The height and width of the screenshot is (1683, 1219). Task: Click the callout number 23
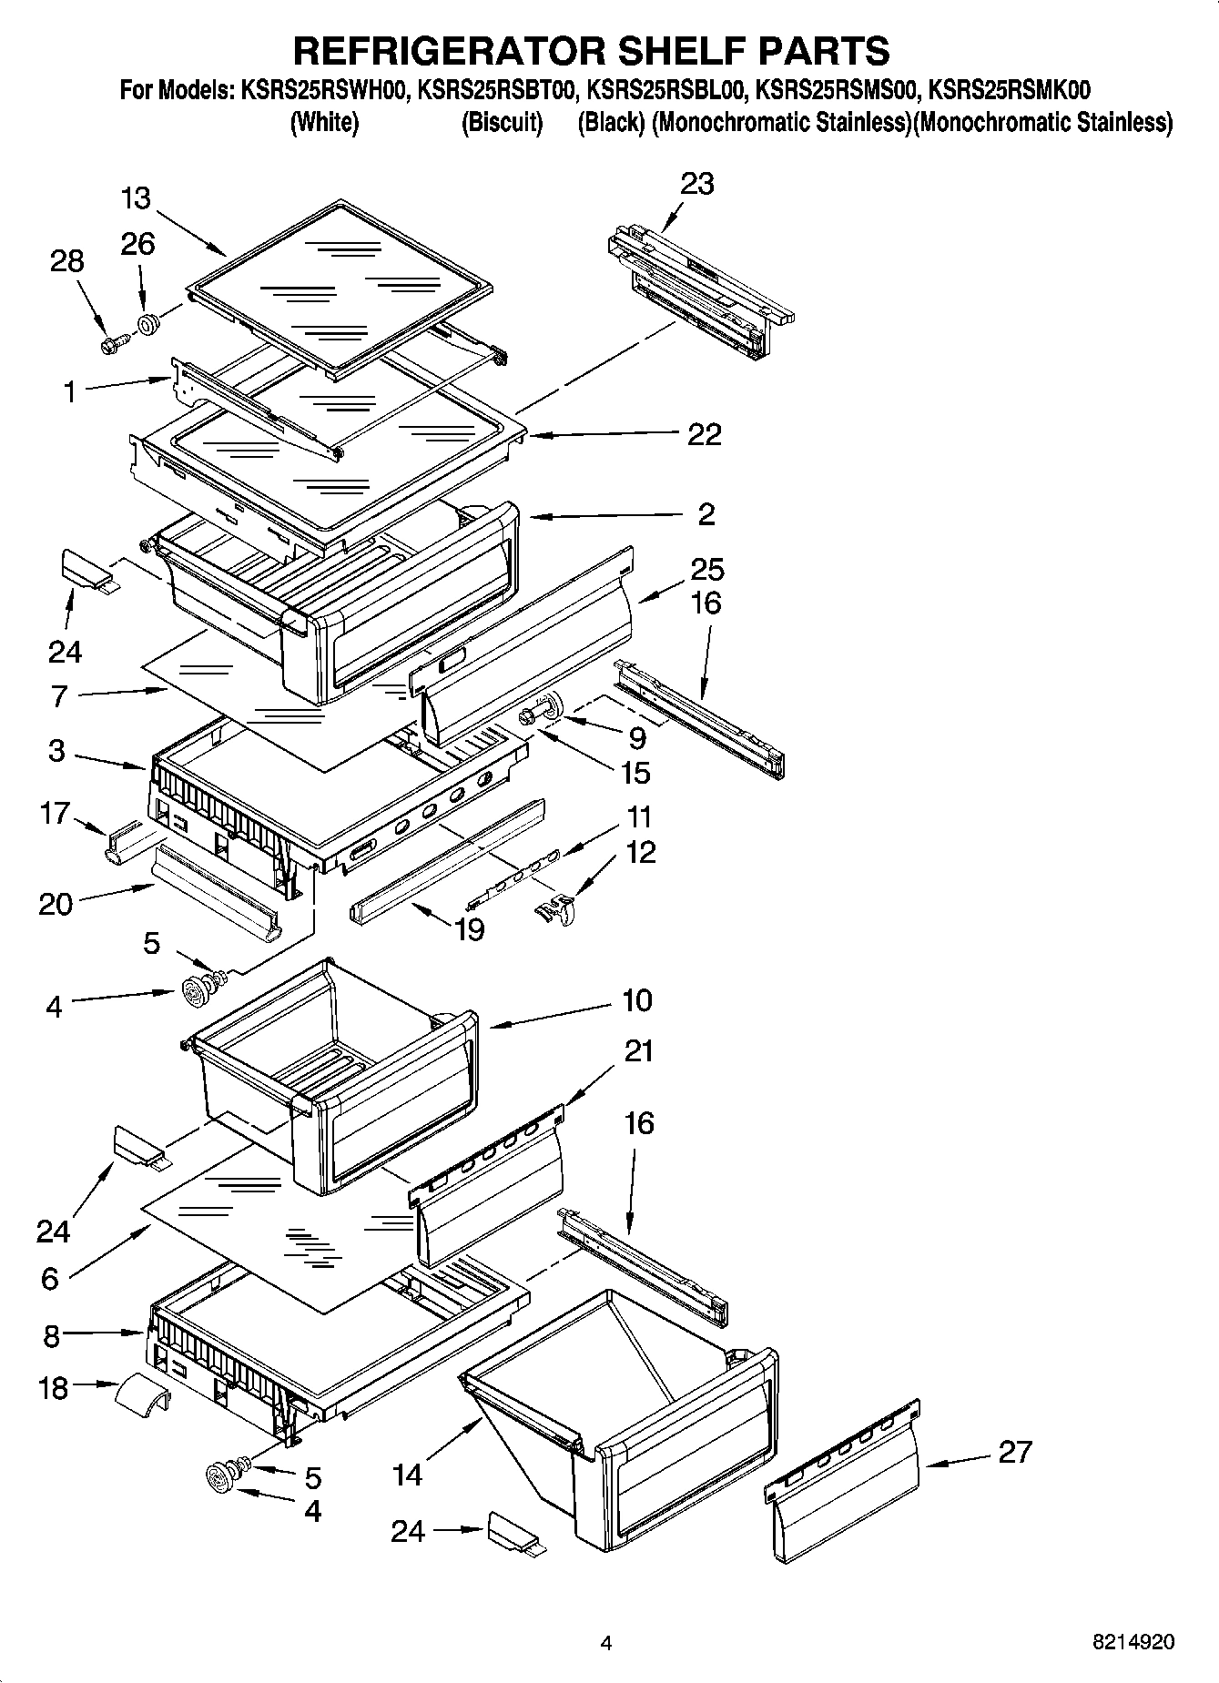[x=697, y=184]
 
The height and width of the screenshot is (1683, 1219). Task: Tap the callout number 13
[x=135, y=198]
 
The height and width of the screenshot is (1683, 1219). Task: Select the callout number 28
[x=67, y=261]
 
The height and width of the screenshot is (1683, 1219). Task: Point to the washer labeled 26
[x=147, y=322]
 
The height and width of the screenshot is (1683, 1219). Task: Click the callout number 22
[x=705, y=434]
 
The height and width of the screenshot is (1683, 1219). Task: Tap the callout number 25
[x=706, y=570]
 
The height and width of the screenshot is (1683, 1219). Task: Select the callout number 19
[x=470, y=929]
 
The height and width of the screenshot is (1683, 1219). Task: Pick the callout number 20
[x=56, y=904]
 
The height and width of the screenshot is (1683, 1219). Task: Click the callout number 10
[x=637, y=1000]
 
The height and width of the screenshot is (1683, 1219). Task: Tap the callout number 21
[x=639, y=1051]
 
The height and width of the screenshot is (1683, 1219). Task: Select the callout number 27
[x=1014, y=1451]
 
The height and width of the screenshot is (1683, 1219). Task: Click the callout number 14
[x=407, y=1475]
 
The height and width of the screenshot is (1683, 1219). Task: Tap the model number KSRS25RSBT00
[x=498, y=90]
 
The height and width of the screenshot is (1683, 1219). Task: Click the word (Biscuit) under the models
[x=502, y=122]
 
